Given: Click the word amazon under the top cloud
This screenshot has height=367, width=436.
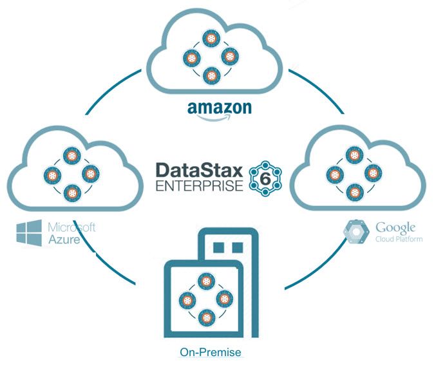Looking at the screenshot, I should [219, 108].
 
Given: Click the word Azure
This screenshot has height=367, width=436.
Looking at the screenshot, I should [64, 240].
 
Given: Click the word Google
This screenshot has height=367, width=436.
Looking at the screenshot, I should [395, 227].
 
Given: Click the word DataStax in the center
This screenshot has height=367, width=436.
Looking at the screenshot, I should [199, 171].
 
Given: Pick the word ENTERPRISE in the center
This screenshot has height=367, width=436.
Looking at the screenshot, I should [199, 186].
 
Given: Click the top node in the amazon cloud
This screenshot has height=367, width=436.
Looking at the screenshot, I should [211, 38].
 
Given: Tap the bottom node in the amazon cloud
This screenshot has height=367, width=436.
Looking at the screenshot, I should [211, 75].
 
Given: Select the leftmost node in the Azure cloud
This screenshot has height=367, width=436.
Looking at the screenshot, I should [53, 174].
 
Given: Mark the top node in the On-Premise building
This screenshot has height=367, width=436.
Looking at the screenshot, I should [205, 281].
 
